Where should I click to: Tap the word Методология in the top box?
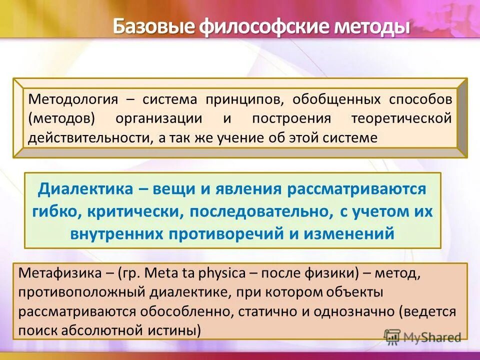point(73,99)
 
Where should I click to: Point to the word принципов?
point(242,99)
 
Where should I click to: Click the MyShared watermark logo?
point(422,337)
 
